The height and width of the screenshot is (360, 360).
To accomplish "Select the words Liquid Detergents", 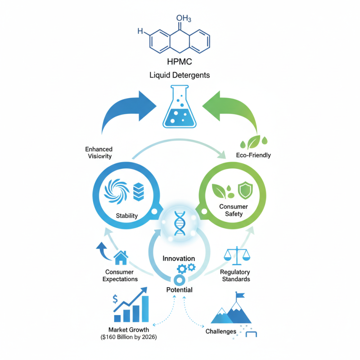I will click(x=180, y=75).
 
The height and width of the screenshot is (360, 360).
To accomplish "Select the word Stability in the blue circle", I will click(x=126, y=216).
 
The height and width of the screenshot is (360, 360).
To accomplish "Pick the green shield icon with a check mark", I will click(x=245, y=190).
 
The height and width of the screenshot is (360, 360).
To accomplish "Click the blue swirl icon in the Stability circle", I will click(x=116, y=191).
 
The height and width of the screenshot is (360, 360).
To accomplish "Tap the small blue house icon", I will click(x=121, y=258).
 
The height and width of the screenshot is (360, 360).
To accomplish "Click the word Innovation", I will click(x=179, y=258).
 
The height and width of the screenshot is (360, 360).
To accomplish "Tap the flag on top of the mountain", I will click(x=240, y=296).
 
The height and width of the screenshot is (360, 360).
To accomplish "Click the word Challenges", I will click(x=220, y=332).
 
